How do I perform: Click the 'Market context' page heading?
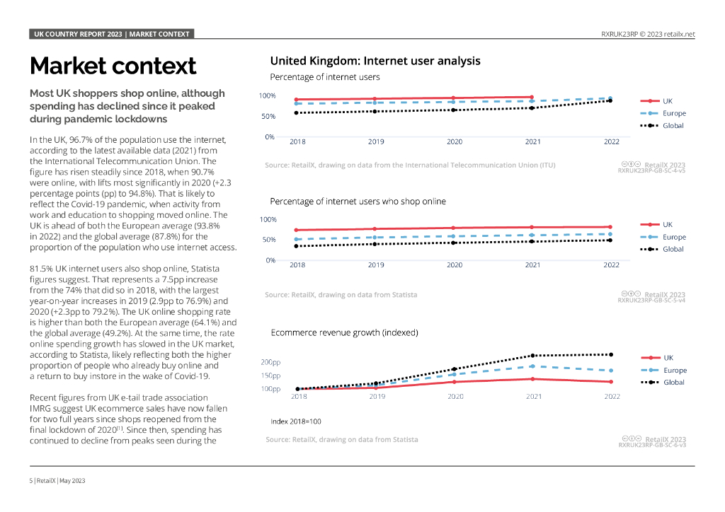(113, 66)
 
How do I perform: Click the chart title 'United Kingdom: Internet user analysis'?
(375, 61)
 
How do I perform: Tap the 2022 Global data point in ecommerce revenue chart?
(611, 354)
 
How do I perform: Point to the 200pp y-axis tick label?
(270, 362)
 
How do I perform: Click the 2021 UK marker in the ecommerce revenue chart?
(533, 379)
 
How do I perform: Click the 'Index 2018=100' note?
(295, 421)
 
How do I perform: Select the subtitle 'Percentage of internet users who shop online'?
(358, 202)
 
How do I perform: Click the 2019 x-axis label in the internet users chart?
(376, 141)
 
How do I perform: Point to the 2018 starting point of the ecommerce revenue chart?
(298, 388)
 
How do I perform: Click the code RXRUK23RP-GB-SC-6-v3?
(651, 445)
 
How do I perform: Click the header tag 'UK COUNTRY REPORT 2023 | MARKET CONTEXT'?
(112, 34)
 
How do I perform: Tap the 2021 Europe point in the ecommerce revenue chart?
(533, 366)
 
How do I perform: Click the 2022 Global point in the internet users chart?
(611, 101)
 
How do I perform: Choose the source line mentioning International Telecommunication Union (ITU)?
(410, 165)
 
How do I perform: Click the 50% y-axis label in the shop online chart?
(268, 240)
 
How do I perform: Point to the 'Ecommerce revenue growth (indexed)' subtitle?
(344, 332)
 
